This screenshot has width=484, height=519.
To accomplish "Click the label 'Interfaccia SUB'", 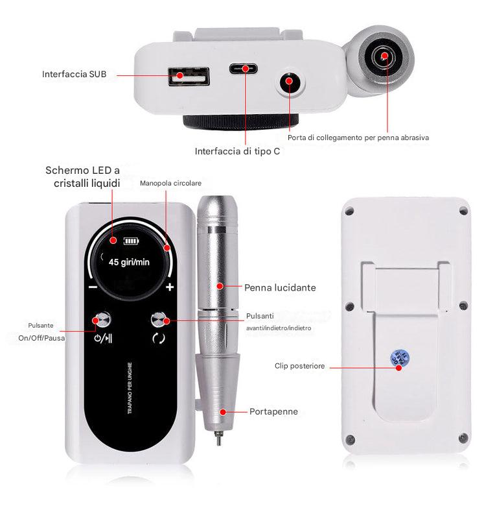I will pyautogui.click(x=74, y=74).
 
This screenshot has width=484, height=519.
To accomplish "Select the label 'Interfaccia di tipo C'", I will pyautogui.click(x=237, y=152).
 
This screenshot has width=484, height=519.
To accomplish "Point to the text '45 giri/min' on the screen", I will pyautogui.click(x=129, y=263).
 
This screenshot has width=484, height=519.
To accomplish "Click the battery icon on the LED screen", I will pyautogui.click(x=132, y=241).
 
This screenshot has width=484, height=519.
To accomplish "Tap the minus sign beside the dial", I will pyautogui.click(x=93, y=287).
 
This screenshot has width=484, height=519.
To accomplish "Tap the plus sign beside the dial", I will pyautogui.click(x=170, y=287).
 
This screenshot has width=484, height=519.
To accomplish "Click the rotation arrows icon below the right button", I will pyautogui.click(x=159, y=337).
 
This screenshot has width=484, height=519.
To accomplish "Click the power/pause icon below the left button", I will pyautogui.click(x=103, y=337).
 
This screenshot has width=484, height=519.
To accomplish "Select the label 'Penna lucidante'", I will pyautogui.click(x=280, y=286).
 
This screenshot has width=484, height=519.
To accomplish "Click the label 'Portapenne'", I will pyautogui.click(x=274, y=411).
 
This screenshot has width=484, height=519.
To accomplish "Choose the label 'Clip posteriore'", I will pyautogui.click(x=299, y=366).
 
